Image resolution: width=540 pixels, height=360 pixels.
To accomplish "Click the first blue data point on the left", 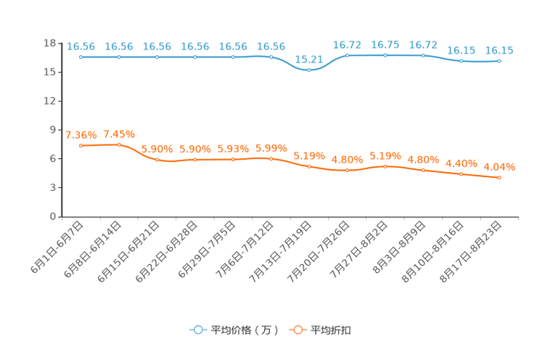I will (x=81, y=57).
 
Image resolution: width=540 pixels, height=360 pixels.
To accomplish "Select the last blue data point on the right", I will (x=499, y=62).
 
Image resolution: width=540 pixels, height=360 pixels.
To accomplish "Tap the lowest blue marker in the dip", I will (x=309, y=70).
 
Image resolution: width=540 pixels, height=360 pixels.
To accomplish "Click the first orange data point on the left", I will (x=81, y=146).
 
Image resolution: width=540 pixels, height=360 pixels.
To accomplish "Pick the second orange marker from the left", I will (x=119, y=145).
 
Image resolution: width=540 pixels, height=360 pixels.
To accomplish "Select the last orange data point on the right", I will (x=499, y=177).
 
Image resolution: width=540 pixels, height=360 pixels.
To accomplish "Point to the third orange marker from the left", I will (x=157, y=159).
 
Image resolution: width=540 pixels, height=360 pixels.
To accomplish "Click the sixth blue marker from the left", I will (x=271, y=57).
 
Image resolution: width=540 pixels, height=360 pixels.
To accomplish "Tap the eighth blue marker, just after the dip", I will (x=347, y=55).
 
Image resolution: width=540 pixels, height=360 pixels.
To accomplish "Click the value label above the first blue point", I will (x=81, y=46).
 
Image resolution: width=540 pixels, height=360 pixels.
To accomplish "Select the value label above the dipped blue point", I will (x=308, y=59).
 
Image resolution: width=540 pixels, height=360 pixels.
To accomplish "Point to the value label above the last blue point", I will (x=499, y=51).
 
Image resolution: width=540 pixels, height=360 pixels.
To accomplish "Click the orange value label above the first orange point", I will (x=81, y=135).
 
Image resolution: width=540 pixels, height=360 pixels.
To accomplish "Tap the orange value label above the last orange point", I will (x=499, y=166).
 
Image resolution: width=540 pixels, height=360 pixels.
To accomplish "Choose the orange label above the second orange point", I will (x=119, y=134).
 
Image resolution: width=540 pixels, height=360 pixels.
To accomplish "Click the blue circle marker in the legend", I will (x=198, y=330).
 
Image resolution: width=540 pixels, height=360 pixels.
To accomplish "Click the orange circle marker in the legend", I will (x=298, y=330).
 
